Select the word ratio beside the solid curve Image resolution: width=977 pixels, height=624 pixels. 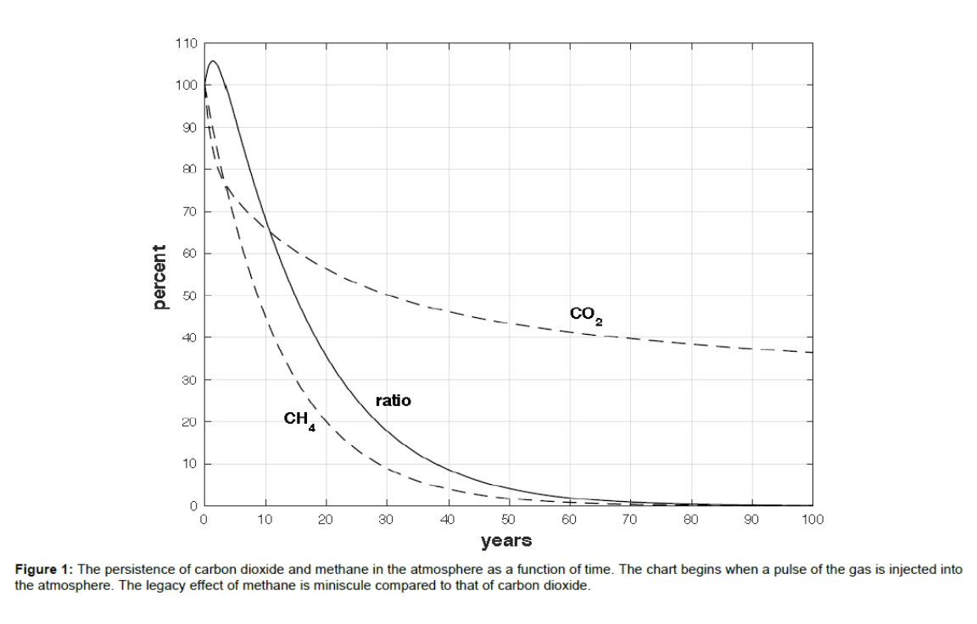tap(394, 400)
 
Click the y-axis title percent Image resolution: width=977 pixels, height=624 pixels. tap(159, 276)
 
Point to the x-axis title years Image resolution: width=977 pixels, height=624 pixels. tap(506, 540)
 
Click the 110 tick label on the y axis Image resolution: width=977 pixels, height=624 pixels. tap(187, 43)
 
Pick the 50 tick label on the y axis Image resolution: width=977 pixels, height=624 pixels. tap(189, 296)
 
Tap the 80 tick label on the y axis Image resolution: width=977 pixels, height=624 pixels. tap(189, 170)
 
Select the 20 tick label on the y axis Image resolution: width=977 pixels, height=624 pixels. tap(189, 422)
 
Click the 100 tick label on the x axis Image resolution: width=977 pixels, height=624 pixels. tap(812, 520)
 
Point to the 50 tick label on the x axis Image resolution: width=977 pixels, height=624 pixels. tap(508, 520)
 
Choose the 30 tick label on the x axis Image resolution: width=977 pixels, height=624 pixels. tap(387, 520)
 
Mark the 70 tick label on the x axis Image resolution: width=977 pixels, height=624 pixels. tap(630, 520)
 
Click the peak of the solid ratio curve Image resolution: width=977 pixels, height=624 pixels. tap(212, 61)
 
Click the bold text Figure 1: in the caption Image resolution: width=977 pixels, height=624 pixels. tap(43, 570)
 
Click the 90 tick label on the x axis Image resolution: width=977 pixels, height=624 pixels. tap(751, 520)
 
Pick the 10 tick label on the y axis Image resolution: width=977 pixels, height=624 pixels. tap(189, 464)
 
